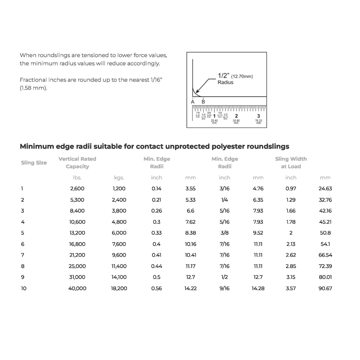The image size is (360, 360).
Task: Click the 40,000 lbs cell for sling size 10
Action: click(77, 288)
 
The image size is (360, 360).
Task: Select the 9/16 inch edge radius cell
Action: click(224, 288)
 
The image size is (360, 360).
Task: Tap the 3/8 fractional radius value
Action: click(224, 233)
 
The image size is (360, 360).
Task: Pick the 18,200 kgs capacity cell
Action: click(119, 288)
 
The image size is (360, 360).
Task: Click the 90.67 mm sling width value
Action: click(325, 288)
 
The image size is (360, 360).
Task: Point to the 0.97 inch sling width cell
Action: click(291, 189)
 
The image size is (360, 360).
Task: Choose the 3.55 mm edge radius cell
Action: click(190, 189)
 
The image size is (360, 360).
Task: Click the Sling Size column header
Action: click(34, 163)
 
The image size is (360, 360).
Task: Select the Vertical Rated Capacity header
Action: click(77, 163)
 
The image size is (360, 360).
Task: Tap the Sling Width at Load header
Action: click(291, 163)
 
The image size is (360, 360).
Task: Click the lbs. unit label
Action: click(77, 178)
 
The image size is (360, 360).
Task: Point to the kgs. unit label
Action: click(119, 178)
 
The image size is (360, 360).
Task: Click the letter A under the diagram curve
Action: click(193, 102)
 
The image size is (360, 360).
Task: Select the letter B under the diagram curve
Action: click(203, 102)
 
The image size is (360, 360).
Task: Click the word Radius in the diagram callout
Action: click(226, 82)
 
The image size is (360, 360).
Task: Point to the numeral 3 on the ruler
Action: click(258, 116)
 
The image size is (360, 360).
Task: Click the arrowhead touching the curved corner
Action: click(197, 91)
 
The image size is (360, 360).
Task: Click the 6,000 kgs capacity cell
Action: click(119, 233)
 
